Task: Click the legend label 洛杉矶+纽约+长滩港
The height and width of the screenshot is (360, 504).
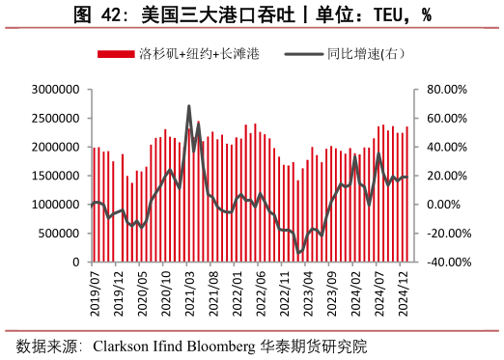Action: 199,54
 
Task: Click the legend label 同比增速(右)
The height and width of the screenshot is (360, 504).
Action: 365,54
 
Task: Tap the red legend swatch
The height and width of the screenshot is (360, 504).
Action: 117,54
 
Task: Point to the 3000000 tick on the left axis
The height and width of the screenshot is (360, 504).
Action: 54,90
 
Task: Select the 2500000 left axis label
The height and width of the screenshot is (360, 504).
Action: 54,119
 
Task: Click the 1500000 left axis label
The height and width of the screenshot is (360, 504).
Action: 54,176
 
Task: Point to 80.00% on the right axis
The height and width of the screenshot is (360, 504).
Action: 446,90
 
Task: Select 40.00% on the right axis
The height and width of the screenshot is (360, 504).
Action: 446,148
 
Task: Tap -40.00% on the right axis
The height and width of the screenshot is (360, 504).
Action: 445,263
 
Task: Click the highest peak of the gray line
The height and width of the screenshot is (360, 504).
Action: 189,106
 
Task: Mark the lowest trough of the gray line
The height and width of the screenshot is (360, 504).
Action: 299,253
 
